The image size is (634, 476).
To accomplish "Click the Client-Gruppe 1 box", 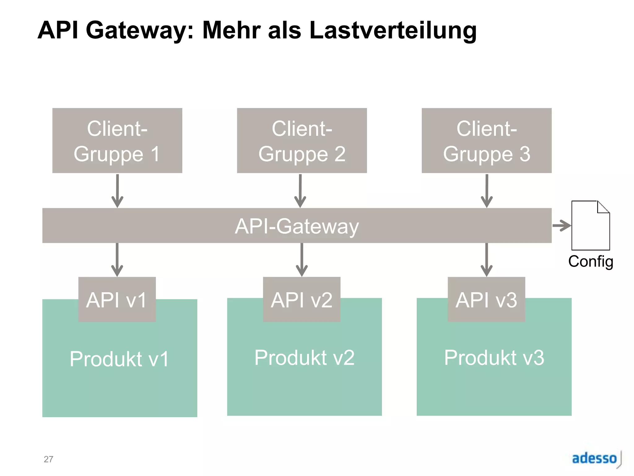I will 117,140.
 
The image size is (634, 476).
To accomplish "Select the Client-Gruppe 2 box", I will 302,140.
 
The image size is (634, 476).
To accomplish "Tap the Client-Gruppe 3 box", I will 486,140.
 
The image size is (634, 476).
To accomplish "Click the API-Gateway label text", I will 297,226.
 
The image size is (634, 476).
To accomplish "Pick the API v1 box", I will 117,299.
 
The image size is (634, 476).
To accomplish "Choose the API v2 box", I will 302,299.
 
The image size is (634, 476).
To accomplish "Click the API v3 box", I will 486,299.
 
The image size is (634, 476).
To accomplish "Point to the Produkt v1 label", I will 119,359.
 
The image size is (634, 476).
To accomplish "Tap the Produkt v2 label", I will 304,358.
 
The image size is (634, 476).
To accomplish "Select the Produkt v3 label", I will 494,358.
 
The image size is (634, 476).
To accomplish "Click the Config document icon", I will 590,226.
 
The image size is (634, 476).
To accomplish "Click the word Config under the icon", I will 590,261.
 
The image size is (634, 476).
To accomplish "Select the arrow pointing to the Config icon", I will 562,226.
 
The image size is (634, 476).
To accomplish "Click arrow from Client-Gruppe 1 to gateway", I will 117,191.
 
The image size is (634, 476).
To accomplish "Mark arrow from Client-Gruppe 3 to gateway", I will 487,191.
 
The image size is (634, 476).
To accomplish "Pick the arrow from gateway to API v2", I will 302,260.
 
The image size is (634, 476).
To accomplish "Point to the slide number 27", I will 48,459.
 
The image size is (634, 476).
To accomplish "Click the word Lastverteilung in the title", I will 393,30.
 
